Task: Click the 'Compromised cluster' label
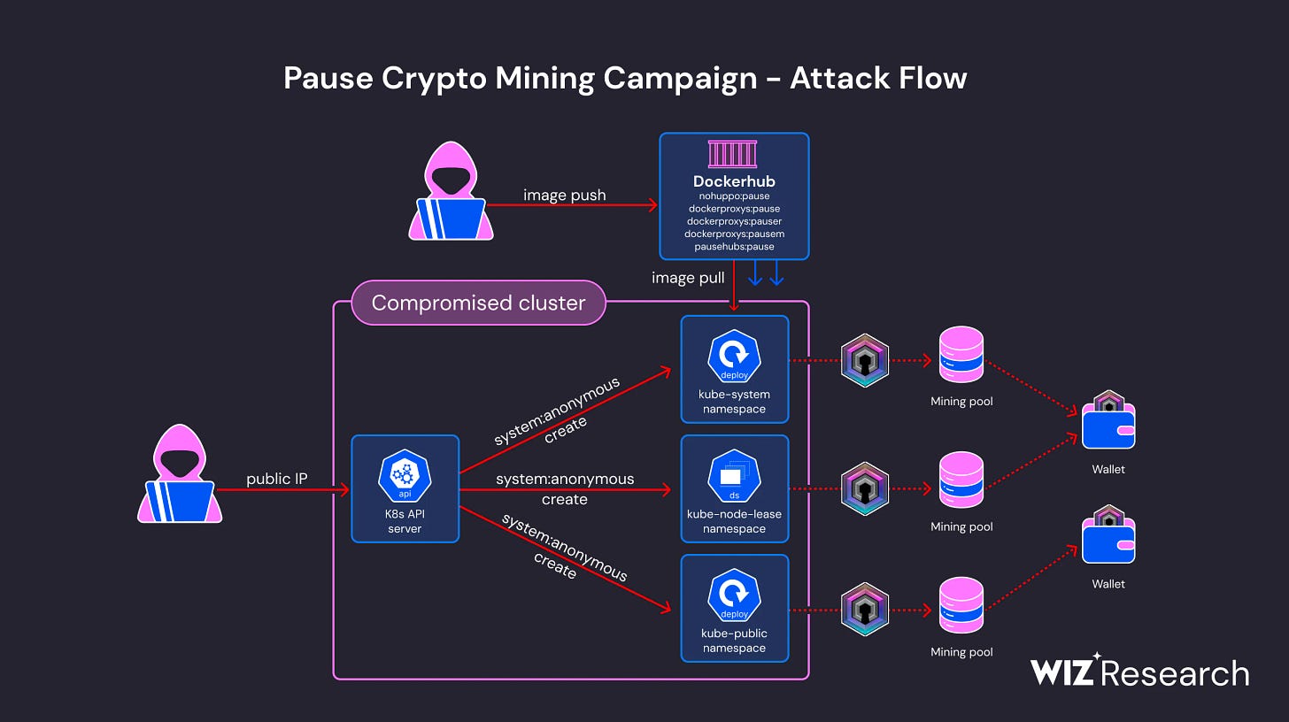point(478,303)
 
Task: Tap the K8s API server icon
point(405,476)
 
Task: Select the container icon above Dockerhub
point(733,154)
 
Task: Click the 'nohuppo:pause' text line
point(734,196)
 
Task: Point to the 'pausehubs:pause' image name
point(734,246)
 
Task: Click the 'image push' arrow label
point(564,195)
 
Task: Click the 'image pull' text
point(688,278)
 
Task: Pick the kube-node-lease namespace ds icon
point(734,476)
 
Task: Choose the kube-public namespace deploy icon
point(734,595)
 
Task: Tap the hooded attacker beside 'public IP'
point(180,474)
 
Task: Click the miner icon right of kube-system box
point(864,360)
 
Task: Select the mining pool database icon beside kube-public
point(961,605)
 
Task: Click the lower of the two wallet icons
point(1108,535)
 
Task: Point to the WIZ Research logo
point(1138,672)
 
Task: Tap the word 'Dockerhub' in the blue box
point(734,181)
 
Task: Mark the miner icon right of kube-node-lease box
point(864,488)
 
